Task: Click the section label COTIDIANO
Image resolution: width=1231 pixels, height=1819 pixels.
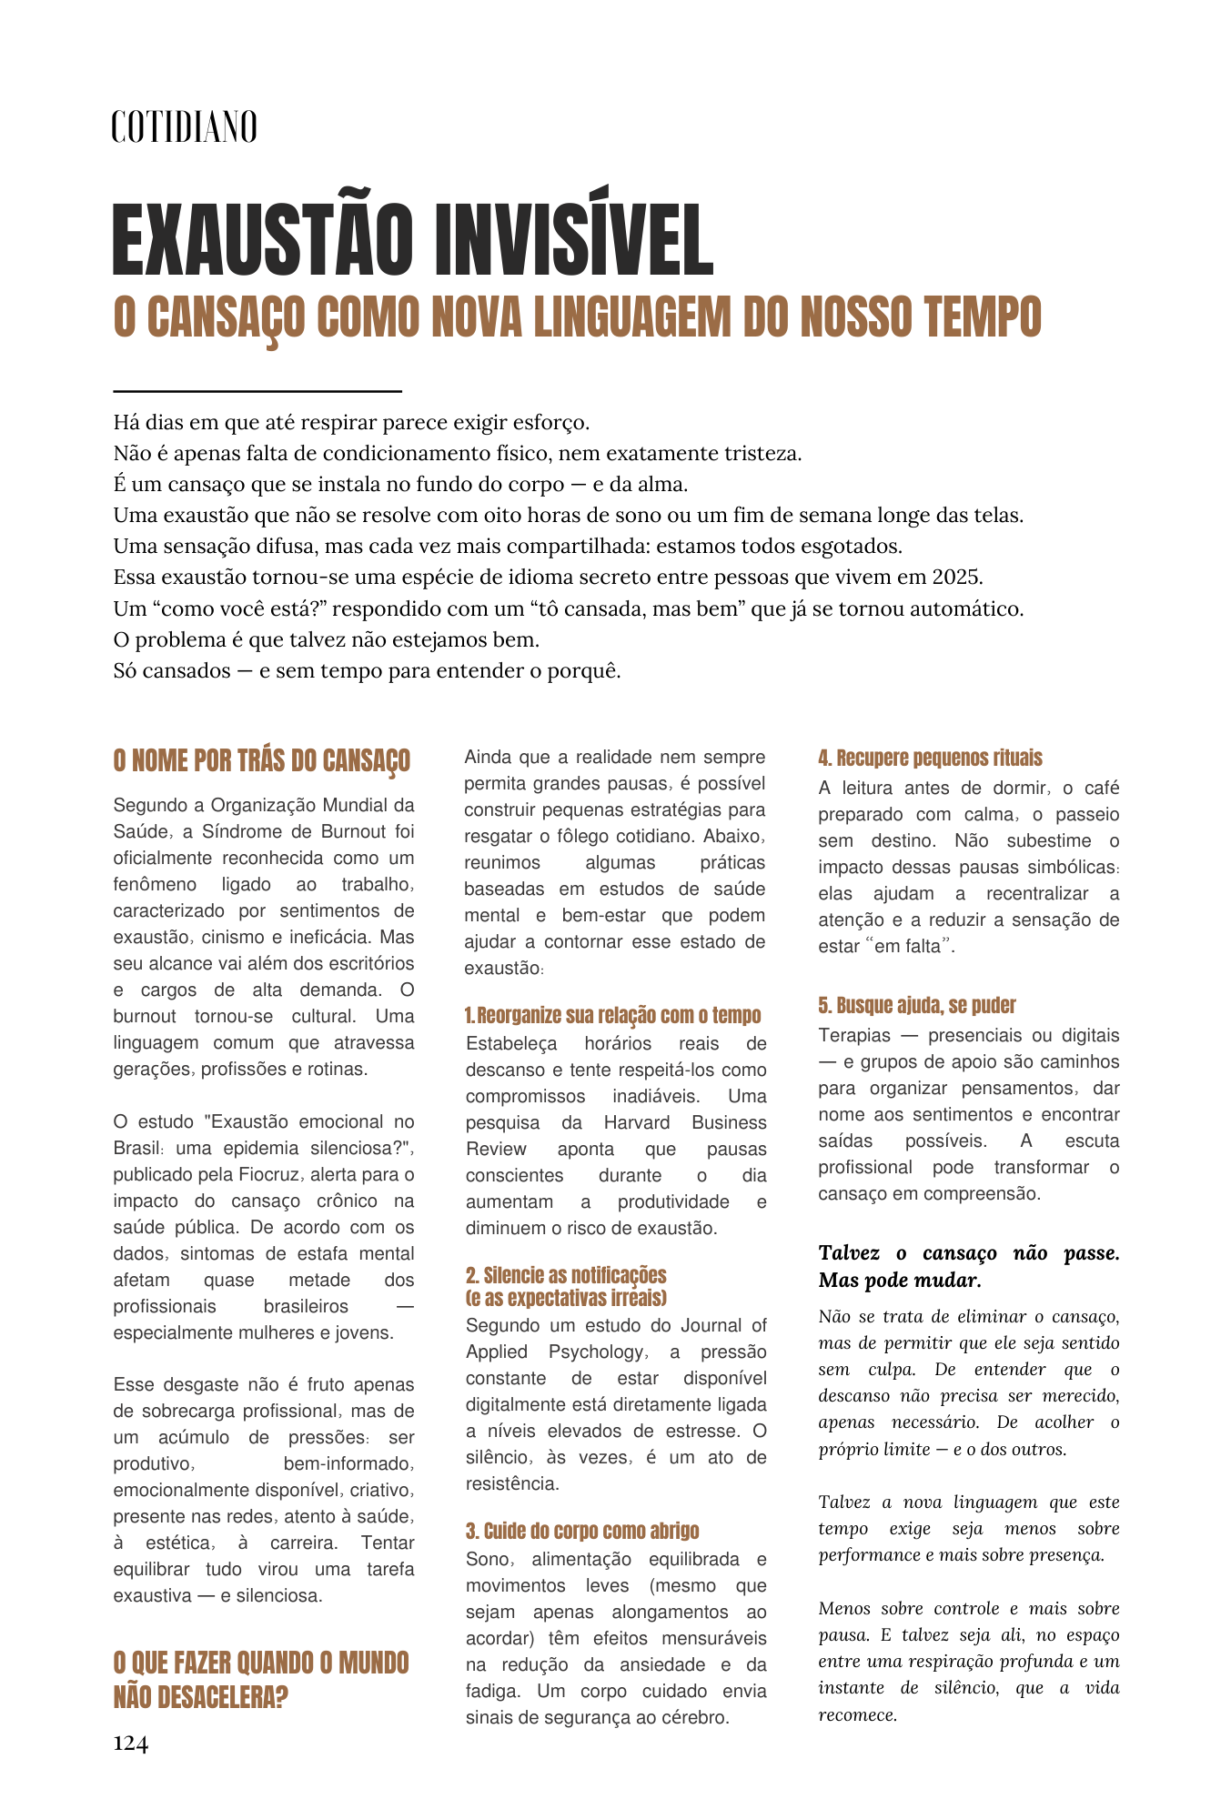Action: tap(184, 126)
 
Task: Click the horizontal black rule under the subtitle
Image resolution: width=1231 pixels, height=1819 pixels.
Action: tap(257, 391)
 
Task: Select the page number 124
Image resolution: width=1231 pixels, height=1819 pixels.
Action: tap(130, 1743)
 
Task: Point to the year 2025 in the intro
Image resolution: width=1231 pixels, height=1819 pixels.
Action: tap(957, 577)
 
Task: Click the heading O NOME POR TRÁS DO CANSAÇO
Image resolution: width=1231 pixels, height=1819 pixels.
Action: tap(261, 760)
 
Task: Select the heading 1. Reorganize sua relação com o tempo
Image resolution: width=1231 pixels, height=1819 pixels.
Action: tap(612, 1015)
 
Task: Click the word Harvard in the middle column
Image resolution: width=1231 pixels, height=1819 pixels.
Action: tap(637, 1122)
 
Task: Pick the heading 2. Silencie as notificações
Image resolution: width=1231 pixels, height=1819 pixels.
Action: tap(566, 1275)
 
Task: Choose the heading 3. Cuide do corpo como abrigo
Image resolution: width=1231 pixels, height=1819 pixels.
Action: tap(582, 1530)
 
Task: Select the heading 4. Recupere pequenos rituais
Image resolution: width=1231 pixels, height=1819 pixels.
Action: tap(930, 758)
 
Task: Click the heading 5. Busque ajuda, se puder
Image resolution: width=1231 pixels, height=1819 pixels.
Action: tap(916, 1005)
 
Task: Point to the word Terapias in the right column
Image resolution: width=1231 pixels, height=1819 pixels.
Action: tap(854, 1035)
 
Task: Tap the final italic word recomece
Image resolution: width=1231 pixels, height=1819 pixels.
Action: tap(857, 1715)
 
